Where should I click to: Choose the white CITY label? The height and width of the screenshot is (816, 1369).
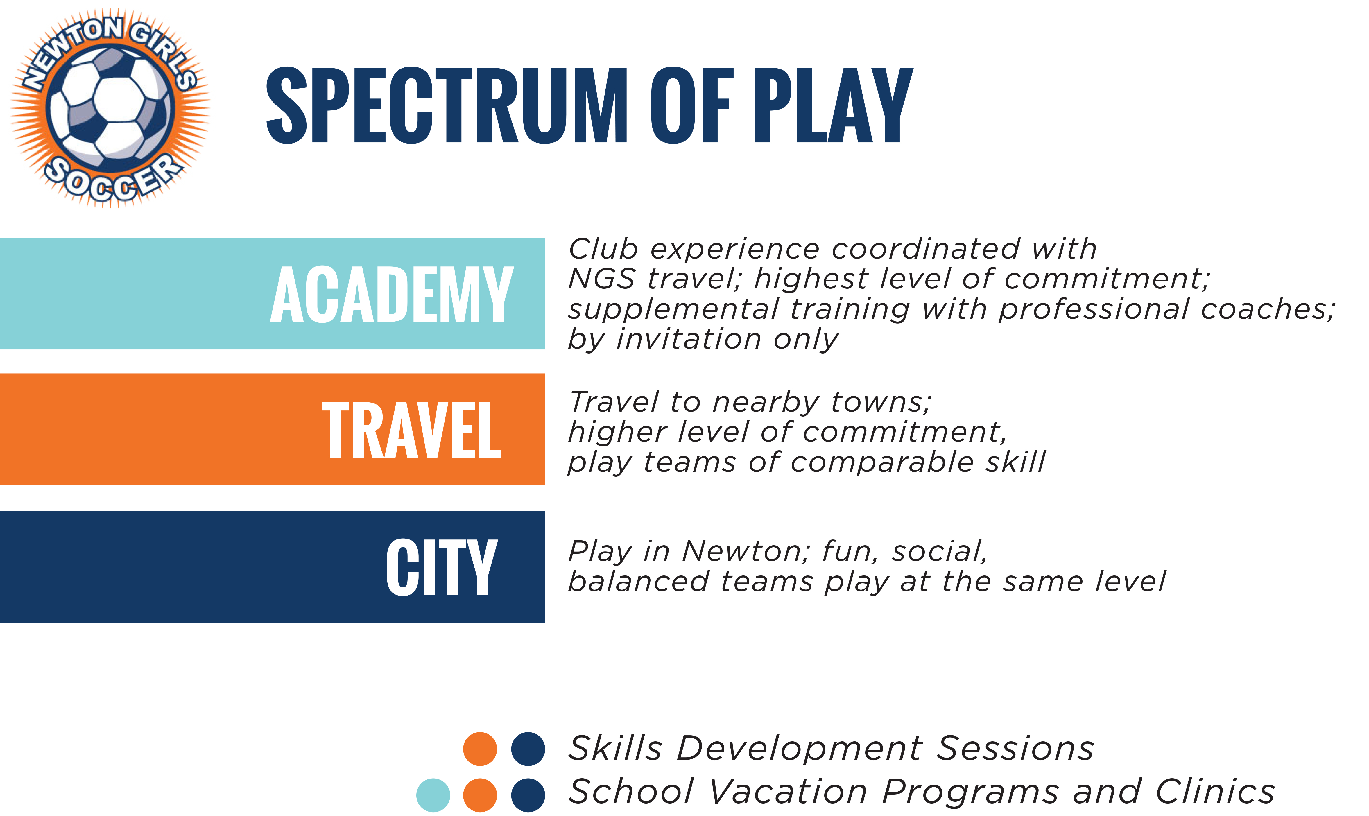pyautogui.click(x=442, y=567)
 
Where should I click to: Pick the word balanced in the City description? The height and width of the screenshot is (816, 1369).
pyautogui.click(x=638, y=582)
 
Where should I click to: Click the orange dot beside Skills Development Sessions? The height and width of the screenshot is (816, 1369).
pyautogui.click(x=480, y=749)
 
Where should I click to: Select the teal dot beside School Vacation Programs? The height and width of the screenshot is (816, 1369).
pyautogui.click(x=433, y=795)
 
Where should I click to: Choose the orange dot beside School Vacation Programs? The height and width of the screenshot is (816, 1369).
pyautogui.click(x=480, y=795)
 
